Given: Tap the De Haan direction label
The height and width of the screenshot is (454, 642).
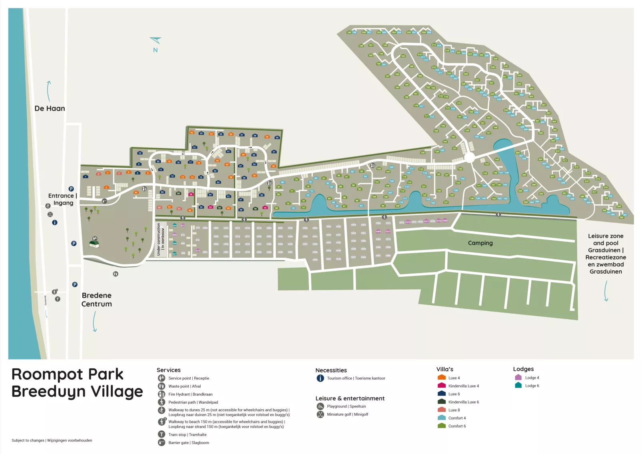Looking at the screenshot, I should (50, 108).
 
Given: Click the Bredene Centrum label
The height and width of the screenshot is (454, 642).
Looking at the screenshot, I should (97, 300).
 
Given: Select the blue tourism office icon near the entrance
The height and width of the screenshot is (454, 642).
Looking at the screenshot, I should (55, 222).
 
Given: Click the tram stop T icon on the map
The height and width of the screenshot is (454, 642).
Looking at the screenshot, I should (58, 299).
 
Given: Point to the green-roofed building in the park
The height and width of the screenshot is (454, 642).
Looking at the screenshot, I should (94, 243).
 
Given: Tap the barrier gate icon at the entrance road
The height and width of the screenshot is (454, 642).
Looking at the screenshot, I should (104, 201).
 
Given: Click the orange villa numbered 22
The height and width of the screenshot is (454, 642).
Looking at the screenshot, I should (191, 132).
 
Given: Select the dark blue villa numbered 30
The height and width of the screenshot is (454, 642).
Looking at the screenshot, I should (277, 137).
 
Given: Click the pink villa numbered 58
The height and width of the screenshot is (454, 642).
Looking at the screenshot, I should (191, 194).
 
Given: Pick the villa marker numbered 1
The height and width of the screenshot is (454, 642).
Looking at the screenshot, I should (85, 176).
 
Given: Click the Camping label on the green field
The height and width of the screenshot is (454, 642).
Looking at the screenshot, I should (480, 243).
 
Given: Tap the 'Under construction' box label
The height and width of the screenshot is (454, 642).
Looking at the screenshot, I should (160, 239).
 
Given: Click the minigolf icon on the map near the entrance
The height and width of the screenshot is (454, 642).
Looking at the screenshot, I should (50, 214).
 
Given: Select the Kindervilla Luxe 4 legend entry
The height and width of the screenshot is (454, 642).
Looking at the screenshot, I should (463, 386).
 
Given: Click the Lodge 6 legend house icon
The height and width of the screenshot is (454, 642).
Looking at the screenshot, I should (518, 385).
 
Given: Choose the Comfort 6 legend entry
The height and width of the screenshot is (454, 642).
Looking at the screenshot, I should (457, 426).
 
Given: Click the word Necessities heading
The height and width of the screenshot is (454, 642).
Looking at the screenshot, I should (331, 370).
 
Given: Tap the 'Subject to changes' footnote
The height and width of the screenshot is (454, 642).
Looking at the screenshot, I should (52, 440).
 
